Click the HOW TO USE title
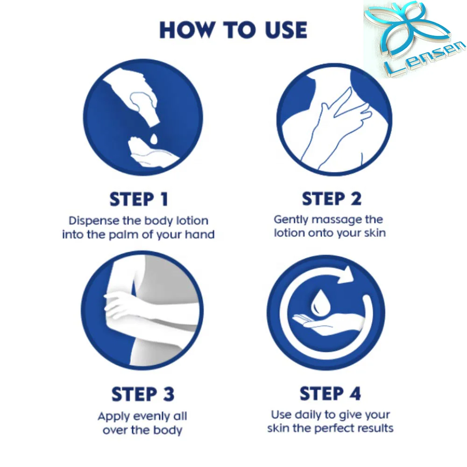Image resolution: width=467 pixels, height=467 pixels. coord(233,30)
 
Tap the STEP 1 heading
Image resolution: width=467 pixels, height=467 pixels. coord(139,199)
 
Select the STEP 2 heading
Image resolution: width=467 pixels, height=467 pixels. coord(332,198)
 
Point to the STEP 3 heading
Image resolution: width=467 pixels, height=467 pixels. coord(142,394)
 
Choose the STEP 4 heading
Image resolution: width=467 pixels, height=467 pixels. coord(330,393)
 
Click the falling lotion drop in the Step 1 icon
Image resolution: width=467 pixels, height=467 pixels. coord(154,139)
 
